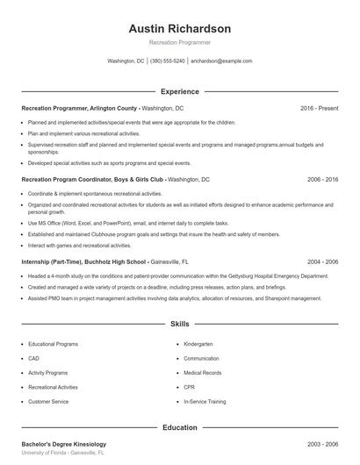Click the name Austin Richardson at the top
(180, 28)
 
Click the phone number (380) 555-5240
(168, 61)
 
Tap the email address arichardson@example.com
(221, 61)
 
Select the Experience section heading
(180, 91)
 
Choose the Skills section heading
(180, 324)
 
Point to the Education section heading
(180, 427)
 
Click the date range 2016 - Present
(319, 108)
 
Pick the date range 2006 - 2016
(322, 179)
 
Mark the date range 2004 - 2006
(322, 261)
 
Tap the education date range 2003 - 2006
(322, 445)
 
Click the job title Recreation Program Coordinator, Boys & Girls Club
(92, 179)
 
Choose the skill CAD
(33, 359)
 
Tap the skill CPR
(190, 387)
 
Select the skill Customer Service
(48, 401)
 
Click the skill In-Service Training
(205, 401)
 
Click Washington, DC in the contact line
(126, 61)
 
